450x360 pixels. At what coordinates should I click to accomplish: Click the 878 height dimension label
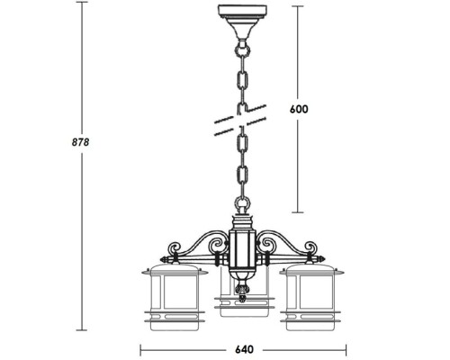[80, 142]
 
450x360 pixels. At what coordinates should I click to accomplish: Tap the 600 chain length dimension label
[299, 109]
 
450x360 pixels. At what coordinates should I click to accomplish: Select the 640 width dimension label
[244, 349]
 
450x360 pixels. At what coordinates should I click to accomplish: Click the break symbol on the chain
[240, 120]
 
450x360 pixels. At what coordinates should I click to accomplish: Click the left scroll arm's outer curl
[175, 248]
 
